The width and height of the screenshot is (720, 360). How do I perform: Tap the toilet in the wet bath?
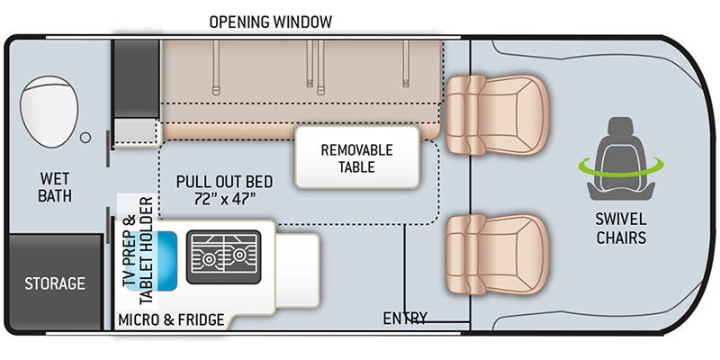[49, 110]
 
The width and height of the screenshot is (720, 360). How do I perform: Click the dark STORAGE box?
[55, 283]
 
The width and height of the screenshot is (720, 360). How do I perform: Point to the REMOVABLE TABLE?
[357, 157]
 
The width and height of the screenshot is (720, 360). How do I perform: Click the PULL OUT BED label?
[224, 181]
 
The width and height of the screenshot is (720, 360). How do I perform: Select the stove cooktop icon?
[223, 252]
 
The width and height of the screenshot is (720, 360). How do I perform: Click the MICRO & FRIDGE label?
[171, 319]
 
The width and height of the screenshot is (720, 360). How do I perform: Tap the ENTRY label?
[405, 318]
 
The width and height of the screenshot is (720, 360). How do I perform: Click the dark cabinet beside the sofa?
[135, 76]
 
